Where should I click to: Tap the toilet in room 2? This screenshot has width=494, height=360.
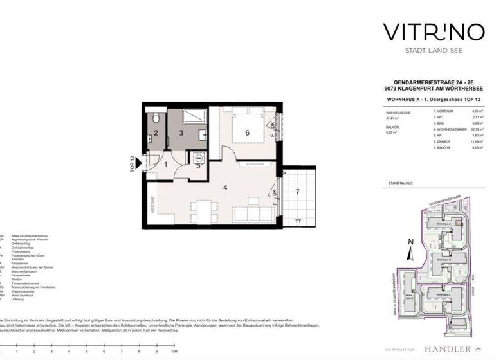[156, 120]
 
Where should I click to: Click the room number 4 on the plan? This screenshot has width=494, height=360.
[225, 188]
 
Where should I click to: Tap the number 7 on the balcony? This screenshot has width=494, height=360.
[297, 192]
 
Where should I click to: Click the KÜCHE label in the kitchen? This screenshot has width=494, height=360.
[152, 204]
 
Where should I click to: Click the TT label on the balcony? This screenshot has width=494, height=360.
[297, 221]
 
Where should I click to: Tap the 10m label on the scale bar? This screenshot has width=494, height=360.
[174, 352]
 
